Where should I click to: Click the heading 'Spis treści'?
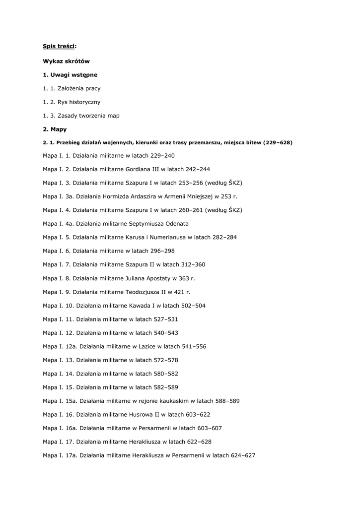click(x=59, y=47)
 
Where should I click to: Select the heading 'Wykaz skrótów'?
click(x=66, y=61)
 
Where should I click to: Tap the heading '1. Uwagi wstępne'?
click(x=70, y=74)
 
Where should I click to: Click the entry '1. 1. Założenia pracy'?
click(x=72, y=88)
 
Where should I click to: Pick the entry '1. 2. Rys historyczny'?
click(x=72, y=102)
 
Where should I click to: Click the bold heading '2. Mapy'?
click(x=55, y=129)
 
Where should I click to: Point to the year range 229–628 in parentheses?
click(x=278, y=143)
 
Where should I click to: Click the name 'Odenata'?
click(x=176, y=224)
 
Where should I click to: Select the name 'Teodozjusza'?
click(x=147, y=292)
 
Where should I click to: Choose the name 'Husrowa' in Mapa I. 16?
click(x=142, y=415)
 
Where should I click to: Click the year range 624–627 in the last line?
click(x=243, y=455)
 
